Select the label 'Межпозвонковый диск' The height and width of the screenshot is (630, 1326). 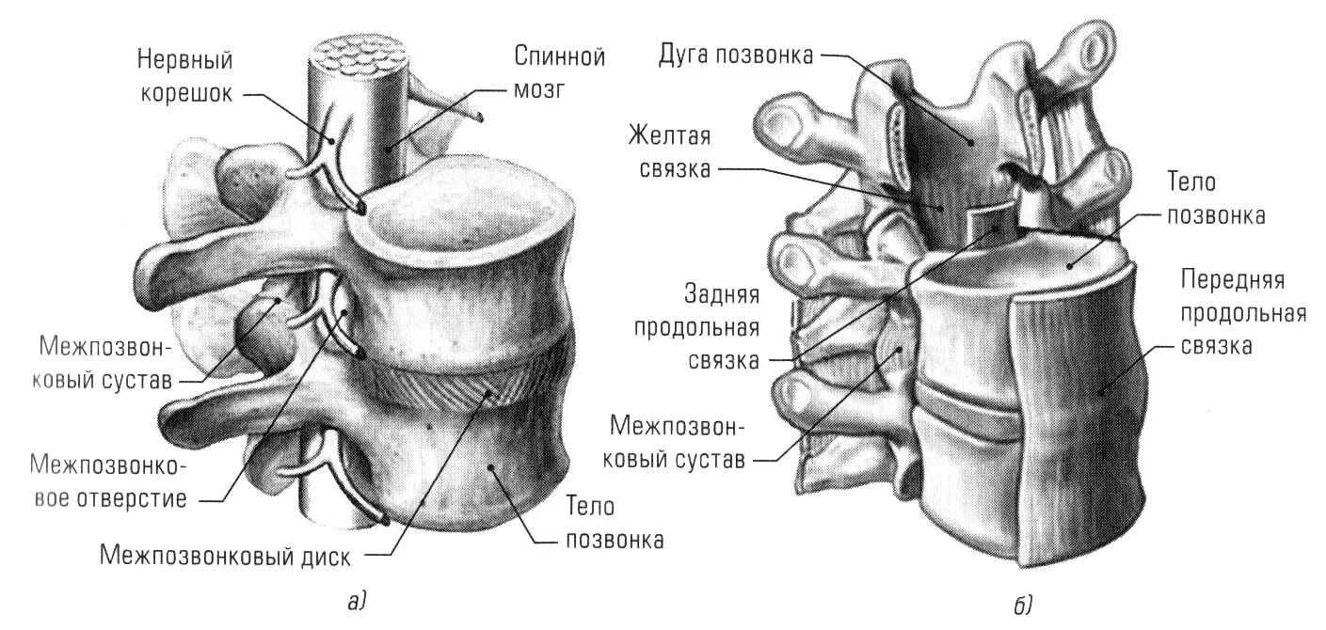coord(225,557)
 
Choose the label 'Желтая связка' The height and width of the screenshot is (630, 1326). coord(669,153)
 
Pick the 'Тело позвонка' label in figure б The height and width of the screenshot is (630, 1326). coord(1214,197)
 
